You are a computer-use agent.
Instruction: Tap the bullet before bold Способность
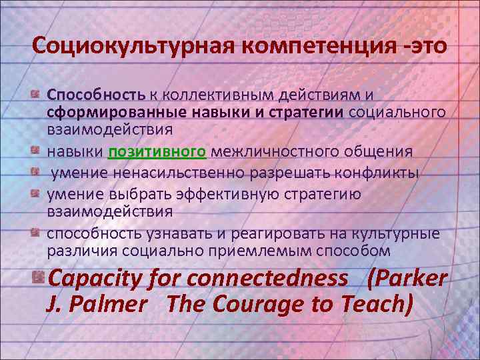click(x=38, y=94)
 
